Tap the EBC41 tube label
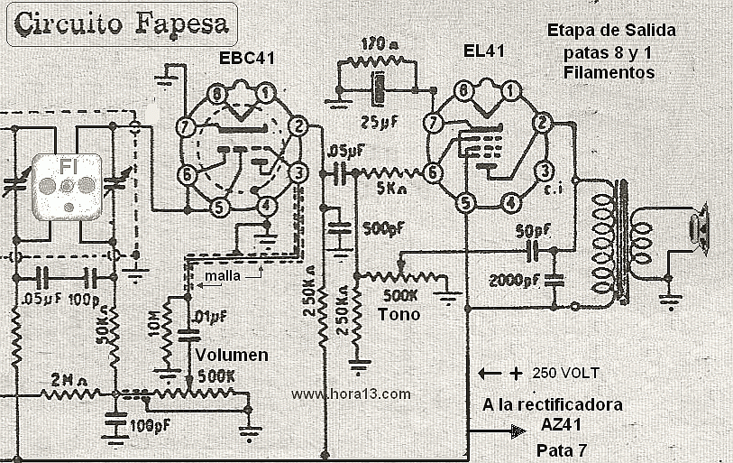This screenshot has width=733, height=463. [246, 59]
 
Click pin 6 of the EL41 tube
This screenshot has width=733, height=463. [434, 171]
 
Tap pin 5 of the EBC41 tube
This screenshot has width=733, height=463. [218, 207]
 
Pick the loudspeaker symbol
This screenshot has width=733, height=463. [700, 228]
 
